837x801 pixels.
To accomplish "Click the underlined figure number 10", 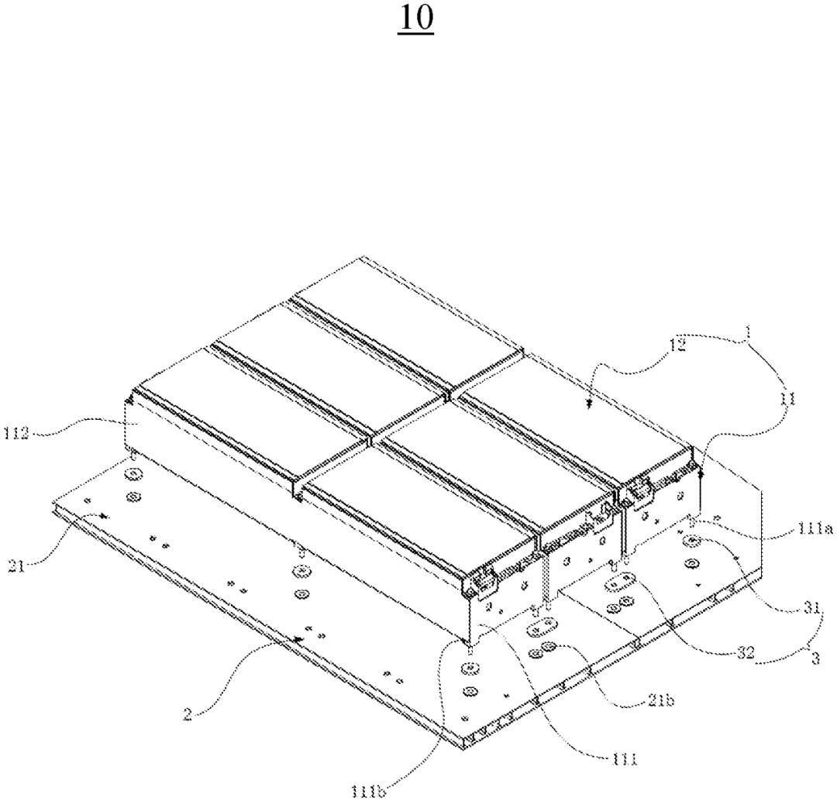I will pyautogui.click(x=415, y=19).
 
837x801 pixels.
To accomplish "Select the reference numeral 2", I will pyautogui.click(x=188, y=713).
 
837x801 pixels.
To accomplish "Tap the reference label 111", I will pyautogui.click(x=623, y=760).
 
